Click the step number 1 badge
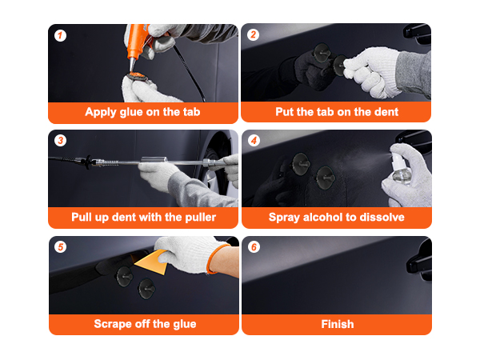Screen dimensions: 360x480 click(60, 35)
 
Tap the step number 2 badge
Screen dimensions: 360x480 click(253, 35)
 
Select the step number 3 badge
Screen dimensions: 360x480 click(60, 141)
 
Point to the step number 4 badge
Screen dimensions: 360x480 click(253, 141)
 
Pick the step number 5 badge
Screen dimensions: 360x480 click(60, 247)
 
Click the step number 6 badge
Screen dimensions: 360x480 click(253, 247)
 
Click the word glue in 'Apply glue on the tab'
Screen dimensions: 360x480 click(135, 112)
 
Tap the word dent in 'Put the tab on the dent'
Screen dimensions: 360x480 click(384, 112)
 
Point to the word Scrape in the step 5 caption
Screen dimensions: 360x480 click(114, 324)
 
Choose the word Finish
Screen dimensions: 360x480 click(337, 324)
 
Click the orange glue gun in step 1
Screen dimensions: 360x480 click(138, 40)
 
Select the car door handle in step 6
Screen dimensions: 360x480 click(415, 265)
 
